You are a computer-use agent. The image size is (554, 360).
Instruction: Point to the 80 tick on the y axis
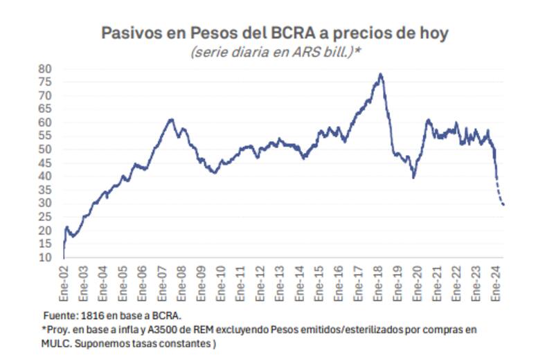tap(45, 69)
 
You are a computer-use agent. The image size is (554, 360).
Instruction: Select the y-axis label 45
tap(45, 163)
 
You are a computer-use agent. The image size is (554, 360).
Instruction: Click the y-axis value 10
tap(45, 258)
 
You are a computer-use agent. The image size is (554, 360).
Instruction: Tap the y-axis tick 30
tap(45, 203)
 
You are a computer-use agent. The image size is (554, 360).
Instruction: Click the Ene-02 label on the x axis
tap(64, 284)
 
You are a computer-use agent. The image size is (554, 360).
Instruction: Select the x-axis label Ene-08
tap(182, 284)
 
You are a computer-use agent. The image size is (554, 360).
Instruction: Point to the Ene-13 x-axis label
tap(280, 284)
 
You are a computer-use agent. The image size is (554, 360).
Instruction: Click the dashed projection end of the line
tap(503, 205)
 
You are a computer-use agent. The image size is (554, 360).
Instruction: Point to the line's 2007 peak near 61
tap(171, 119)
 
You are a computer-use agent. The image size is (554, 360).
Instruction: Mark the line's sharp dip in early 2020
tap(413, 177)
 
